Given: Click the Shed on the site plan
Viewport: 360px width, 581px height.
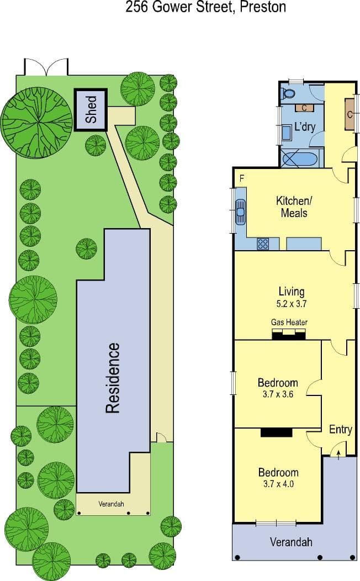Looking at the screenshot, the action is (x=91, y=110).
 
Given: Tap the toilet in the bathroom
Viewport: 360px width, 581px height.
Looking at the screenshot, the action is (x=288, y=93).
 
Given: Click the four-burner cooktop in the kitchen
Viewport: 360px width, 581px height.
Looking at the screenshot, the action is (x=263, y=244).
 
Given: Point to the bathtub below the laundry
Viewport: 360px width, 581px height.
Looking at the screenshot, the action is (x=300, y=159).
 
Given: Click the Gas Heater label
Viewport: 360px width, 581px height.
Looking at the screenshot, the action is (x=289, y=323).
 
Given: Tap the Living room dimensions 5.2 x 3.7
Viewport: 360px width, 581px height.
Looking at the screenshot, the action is (x=292, y=304).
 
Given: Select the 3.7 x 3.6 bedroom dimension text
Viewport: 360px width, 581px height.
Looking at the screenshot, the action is (x=278, y=394).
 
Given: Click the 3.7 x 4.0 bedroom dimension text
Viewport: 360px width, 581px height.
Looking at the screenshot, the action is (x=278, y=484).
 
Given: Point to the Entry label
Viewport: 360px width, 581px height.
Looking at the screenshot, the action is (x=340, y=430).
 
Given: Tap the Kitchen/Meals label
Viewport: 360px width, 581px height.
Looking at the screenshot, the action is (x=294, y=207).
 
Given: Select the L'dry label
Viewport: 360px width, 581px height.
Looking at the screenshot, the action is (x=305, y=126).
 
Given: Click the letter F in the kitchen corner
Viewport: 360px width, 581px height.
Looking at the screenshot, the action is (x=242, y=178).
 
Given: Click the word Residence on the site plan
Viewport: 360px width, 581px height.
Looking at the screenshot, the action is (x=113, y=378).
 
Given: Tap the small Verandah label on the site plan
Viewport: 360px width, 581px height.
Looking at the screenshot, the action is (x=111, y=504).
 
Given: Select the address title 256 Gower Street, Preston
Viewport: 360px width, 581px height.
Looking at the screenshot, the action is (x=205, y=7).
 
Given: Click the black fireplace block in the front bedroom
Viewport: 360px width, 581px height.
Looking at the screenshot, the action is (x=276, y=432).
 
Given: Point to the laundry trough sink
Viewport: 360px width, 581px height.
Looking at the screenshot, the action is (x=287, y=133).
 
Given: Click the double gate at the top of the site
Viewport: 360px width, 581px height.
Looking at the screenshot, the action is (x=46, y=67).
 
